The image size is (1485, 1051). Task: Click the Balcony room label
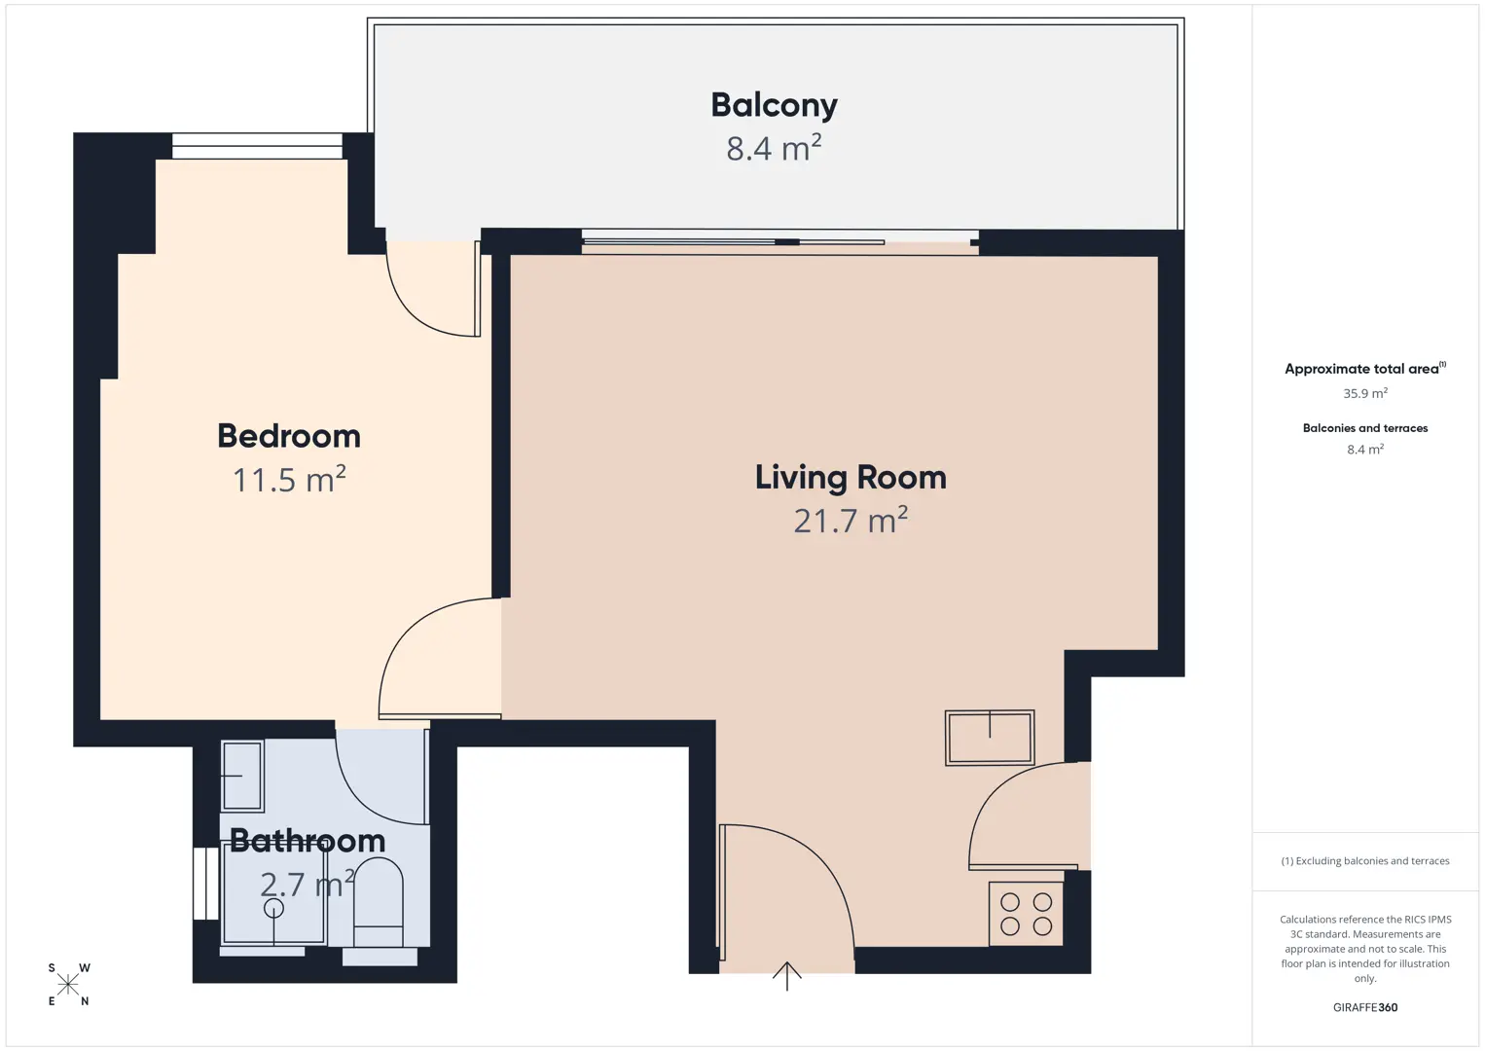(x=774, y=105)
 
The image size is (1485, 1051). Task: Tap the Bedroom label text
(x=289, y=436)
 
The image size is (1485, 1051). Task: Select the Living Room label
(x=851, y=478)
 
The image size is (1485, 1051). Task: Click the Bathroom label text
(x=308, y=842)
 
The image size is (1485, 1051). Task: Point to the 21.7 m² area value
(x=851, y=520)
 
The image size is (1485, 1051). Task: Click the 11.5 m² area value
(x=289, y=479)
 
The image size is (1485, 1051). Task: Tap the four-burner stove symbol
(x=1026, y=913)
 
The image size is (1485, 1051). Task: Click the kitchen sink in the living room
(x=990, y=738)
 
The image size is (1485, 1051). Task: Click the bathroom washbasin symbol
(x=242, y=776)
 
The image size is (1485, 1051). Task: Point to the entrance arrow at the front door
(x=787, y=975)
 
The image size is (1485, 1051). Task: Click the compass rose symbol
(x=67, y=985)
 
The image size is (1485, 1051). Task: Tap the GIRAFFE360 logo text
(x=1365, y=1007)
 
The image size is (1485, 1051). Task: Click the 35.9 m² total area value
(x=1365, y=393)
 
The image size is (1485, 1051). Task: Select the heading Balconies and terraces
(x=1365, y=428)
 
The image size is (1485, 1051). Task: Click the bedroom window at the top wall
(x=257, y=146)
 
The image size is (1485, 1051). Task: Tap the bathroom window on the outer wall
(x=206, y=884)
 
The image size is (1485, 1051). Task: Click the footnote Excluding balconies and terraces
(x=1365, y=860)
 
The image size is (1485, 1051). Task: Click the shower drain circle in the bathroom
(x=273, y=908)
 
